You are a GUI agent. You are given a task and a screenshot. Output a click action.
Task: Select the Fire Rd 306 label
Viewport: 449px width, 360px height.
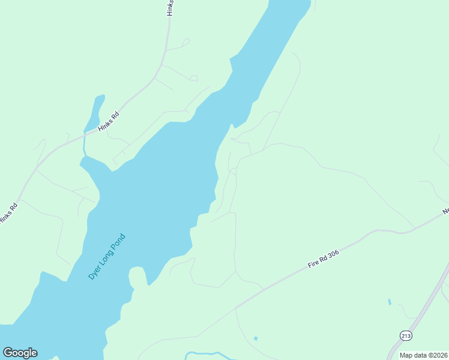tap(324, 259)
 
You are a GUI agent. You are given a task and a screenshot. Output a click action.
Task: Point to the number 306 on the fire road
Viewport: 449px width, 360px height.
tap(333, 254)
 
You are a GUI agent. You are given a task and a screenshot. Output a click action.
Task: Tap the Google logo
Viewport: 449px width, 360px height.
tap(20, 353)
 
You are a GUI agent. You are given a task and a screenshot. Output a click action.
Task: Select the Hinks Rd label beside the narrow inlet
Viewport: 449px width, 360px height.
tap(109, 121)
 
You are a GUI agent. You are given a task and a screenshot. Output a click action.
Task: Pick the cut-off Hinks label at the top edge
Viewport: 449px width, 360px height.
tap(171, 8)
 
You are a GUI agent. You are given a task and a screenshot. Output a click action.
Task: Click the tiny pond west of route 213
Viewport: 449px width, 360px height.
tap(390, 301)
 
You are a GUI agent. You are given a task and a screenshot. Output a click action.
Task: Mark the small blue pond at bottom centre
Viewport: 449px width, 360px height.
tap(256, 338)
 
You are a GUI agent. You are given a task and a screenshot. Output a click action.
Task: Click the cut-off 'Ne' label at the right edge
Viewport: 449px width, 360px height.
tap(445, 211)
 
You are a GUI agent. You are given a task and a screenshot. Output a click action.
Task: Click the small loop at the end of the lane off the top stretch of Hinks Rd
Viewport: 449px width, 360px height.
tap(186, 42)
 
